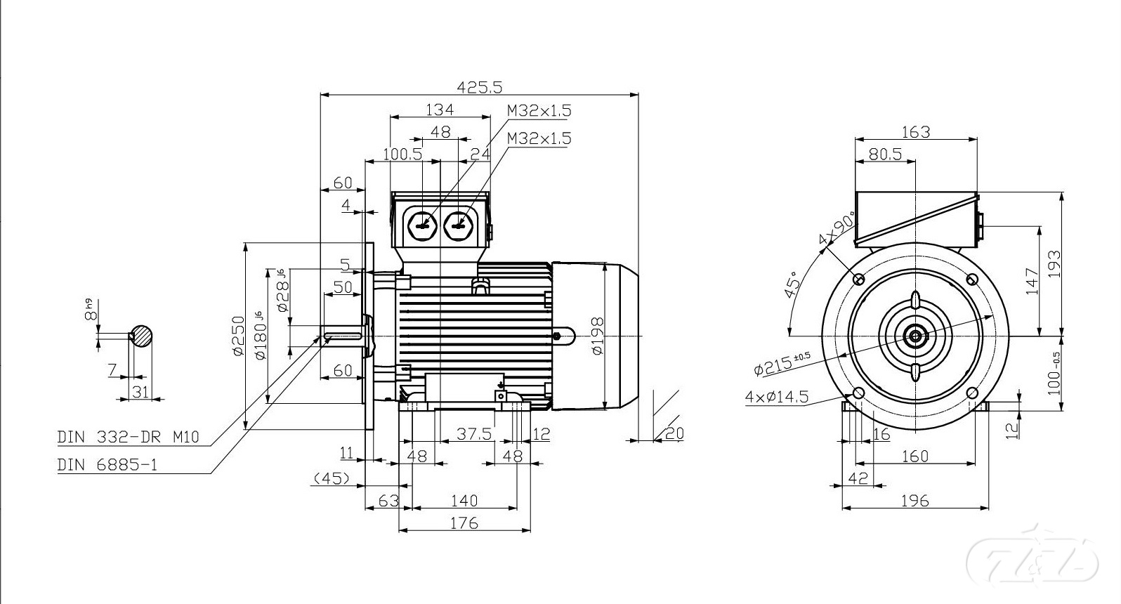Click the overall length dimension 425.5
480,86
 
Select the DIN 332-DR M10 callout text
128,437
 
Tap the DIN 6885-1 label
107,464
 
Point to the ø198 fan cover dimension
598,336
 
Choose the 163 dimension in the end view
915,131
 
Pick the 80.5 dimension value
884,154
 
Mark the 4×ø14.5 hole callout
776,397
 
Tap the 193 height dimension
1054,265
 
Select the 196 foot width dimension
914,501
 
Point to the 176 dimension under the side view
464,523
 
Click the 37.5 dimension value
474,434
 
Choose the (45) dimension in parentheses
332,478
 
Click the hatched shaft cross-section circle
142,336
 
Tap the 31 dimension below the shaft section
141,391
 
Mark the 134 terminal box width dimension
440,109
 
